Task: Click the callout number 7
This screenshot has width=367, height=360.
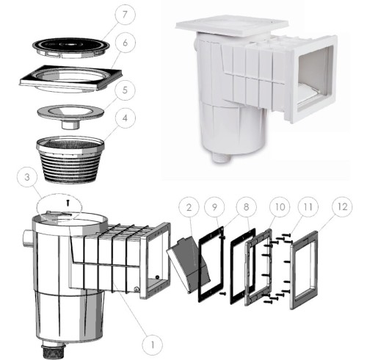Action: tap(125, 15)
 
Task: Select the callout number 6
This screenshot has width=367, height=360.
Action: tap(125, 43)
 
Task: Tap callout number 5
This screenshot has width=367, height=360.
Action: tap(125, 90)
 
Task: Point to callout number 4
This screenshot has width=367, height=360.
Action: tap(125, 118)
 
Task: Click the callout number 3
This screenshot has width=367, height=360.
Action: tap(27, 177)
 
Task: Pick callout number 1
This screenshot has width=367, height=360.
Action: tap(153, 345)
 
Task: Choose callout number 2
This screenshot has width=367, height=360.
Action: tap(189, 207)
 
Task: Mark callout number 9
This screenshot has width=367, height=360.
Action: tap(214, 207)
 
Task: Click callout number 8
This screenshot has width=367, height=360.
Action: tap(246, 207)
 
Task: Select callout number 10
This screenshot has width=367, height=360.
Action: tap(280, 207)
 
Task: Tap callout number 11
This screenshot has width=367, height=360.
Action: tap(308, 207)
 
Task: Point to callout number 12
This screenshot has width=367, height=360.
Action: tap(342, 207)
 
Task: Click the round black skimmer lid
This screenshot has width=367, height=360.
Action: tap(71, 48)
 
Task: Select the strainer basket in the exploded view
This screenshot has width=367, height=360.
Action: tap(70, 159)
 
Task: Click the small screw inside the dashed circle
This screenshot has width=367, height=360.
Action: tap(68, 203)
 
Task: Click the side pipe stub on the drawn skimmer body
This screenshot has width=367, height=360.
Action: tap(28, 239)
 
